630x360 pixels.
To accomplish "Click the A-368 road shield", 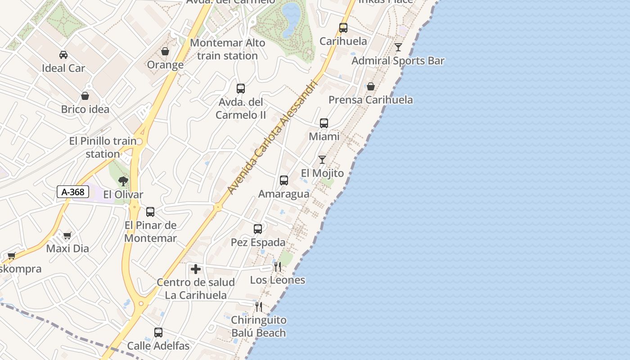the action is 73,192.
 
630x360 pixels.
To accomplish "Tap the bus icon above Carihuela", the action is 343,28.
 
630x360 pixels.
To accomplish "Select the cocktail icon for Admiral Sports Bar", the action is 398,47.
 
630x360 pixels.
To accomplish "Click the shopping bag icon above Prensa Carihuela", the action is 371,86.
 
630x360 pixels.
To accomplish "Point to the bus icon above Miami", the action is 324,123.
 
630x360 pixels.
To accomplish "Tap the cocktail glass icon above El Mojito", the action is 322,160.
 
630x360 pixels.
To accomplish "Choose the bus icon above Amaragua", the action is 284,180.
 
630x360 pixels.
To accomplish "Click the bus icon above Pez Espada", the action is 258,229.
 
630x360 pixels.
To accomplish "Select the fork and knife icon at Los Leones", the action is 278,267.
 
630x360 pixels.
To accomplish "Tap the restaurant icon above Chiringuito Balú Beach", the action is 259,307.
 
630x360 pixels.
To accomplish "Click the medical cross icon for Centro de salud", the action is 196,269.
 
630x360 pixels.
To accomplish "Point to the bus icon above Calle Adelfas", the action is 158,333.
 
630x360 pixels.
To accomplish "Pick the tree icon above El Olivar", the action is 123,181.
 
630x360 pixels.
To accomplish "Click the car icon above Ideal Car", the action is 63,55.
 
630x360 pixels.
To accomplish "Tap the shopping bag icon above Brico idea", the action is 85,96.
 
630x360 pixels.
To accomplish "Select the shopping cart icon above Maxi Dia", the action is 67,235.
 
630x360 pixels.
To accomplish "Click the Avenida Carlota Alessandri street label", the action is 273,138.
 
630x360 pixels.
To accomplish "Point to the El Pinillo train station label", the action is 103,147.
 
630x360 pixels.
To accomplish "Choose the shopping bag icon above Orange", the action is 165,51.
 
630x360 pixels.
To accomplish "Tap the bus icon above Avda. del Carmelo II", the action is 241,88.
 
